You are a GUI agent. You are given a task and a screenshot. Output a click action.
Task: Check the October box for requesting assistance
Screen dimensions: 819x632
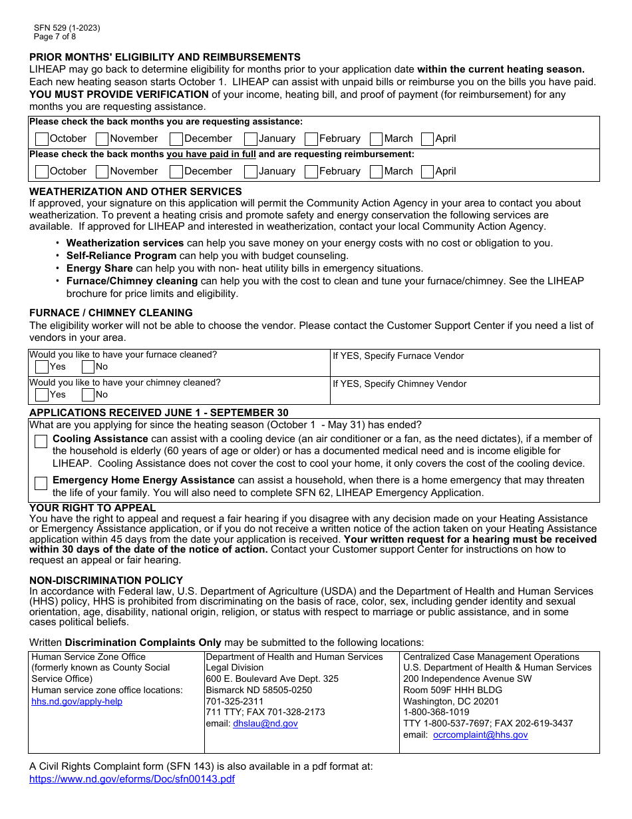click(x=42, y=138)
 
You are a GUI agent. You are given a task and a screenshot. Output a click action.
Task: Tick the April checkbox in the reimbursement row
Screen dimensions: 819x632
click(x=428, y=171)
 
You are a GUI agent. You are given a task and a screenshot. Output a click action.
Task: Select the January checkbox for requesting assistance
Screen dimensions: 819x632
click(x=251, y=138)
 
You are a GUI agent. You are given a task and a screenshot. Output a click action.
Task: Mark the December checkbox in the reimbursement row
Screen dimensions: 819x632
click(x=176, y=171)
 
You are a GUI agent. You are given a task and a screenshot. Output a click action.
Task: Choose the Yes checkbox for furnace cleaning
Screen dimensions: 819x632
click(x=42, y=367)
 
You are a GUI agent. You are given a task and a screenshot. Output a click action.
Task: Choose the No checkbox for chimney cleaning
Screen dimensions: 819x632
click(x=88, y=395)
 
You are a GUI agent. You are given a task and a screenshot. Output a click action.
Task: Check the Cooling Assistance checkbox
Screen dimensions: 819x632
click(x=41, y=441)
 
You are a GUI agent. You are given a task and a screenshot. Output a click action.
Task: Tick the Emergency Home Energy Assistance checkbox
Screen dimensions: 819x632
click(x=41, y=483)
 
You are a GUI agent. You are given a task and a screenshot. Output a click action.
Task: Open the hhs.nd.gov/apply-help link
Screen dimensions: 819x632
click(x=77, y=701)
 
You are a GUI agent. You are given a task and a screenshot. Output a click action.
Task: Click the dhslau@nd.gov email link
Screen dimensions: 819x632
click(x=265, y=723)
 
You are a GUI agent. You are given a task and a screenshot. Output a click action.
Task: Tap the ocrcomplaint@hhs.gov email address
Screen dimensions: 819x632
click(x=480, y=734)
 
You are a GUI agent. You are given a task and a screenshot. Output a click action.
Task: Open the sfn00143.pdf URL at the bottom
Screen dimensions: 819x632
click(x=132, y=778)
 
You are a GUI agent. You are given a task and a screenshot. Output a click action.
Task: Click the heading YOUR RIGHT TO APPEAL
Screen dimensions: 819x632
click(x=92, y=508)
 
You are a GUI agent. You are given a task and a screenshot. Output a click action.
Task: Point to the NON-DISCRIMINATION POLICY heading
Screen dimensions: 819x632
click(x=106, y=581)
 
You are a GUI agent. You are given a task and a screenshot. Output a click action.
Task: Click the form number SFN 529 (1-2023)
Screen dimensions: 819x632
click(x=67, y=28)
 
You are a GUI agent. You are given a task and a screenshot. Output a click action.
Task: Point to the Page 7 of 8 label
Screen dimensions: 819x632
click(x=55, y=37)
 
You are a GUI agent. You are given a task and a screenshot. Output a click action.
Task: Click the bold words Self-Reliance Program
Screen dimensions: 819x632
click(x=121, y=256)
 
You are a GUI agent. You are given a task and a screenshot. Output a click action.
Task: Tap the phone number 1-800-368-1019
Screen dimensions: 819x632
click(x=436, y=712)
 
